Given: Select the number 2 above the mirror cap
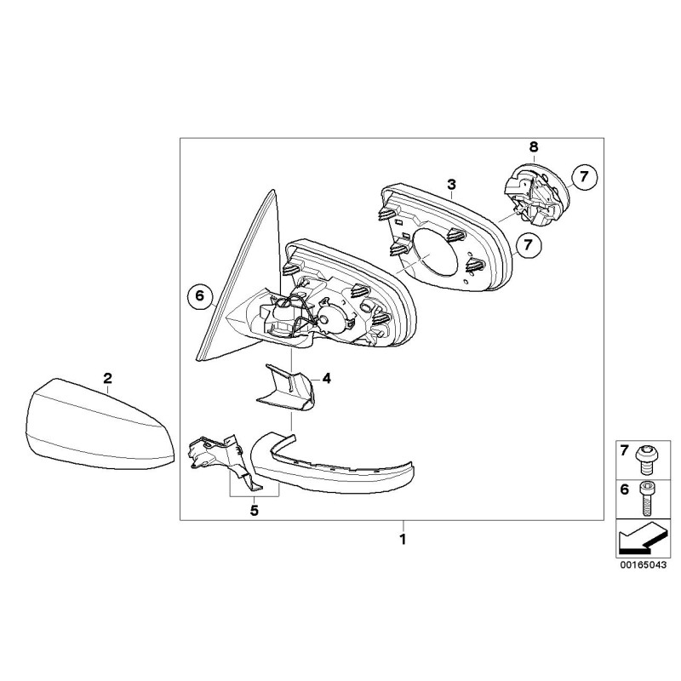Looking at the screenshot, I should click(x=107, y=377).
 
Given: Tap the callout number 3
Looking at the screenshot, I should click(x=452, y=184).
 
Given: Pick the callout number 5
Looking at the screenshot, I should click(x=253, y=511).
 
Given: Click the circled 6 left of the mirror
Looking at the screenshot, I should click(x=198, y=296).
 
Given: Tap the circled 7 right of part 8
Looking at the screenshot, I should click(x=585, y=177).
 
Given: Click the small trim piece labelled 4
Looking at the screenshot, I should click(x=288, y=390).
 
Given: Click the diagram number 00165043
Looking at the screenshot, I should click(x=638, y=563).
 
